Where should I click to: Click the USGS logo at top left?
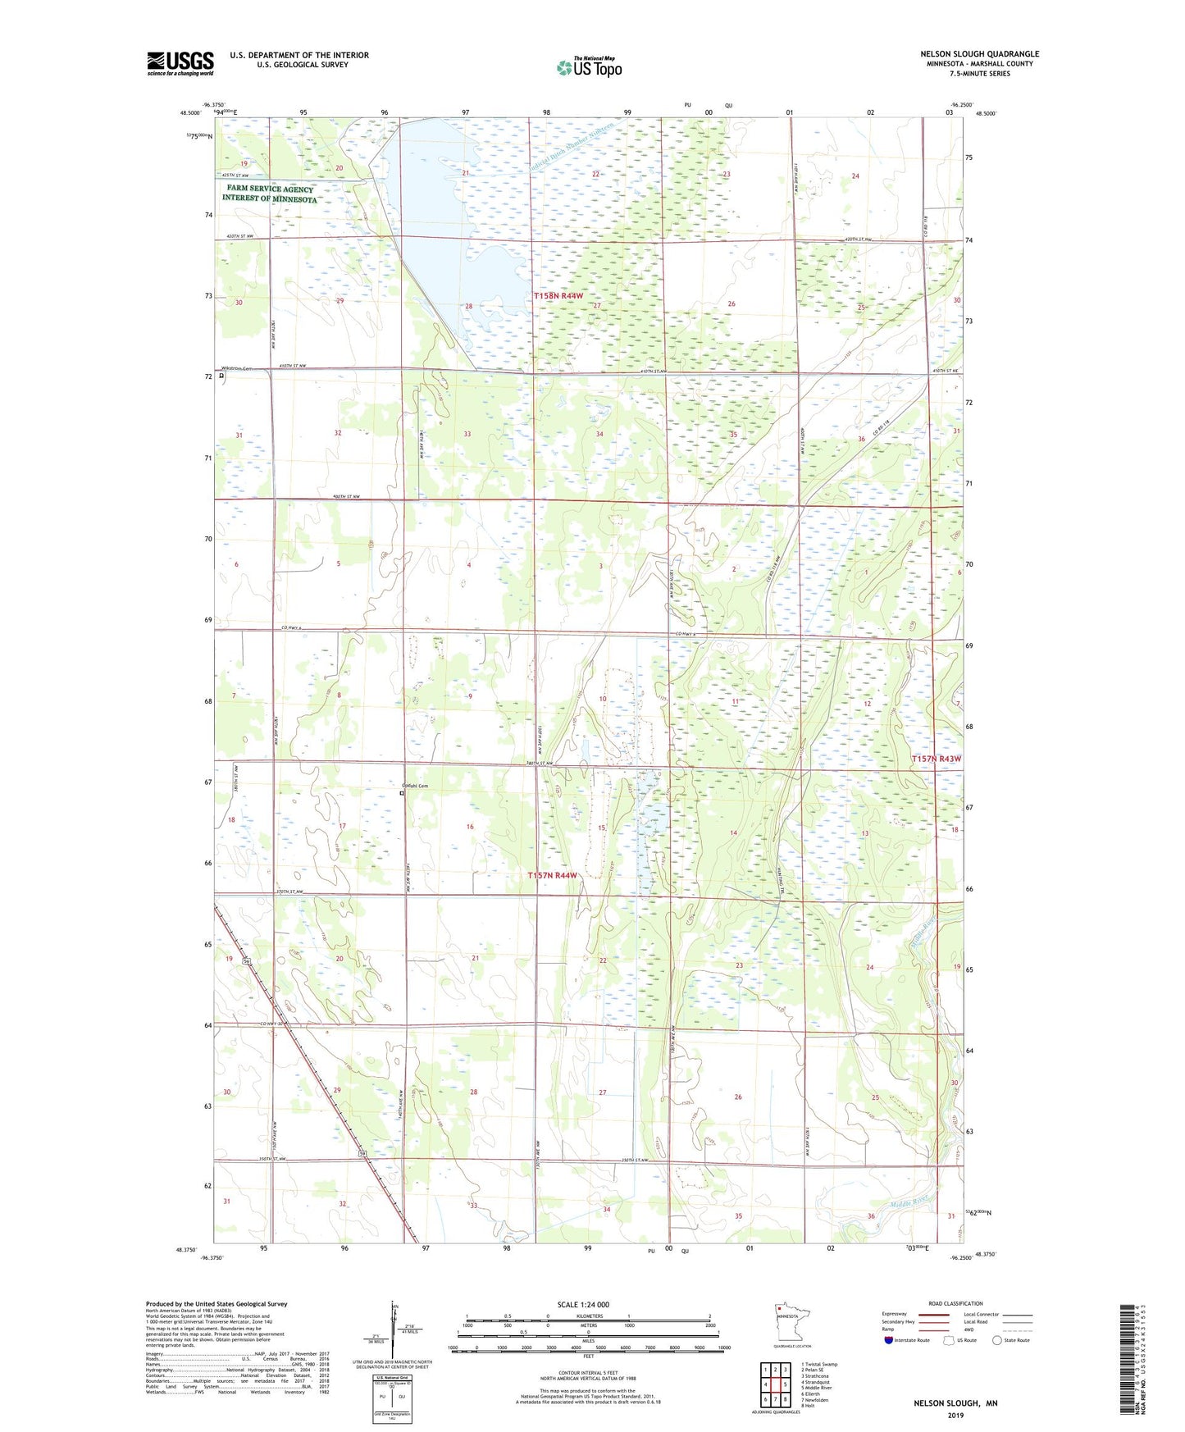pyautogui.click(x=180, y=63)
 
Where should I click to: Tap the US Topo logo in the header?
pyautogui.click(x=588, y=67)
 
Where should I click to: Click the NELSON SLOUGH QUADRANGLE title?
pyautogui.click(x=979, y=54)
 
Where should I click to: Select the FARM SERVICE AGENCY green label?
pyautogui.click(x=270, y=189)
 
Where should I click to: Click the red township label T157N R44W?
pyautogui.click(x=552, y=875)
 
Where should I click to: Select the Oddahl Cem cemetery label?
pyautogui.click(x=415, y=786)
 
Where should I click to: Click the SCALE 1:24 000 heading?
pyautogui.click(x=583, y=1304)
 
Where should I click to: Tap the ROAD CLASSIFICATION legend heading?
pyautogui.click(x=955, y=1303)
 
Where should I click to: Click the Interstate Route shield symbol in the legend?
pyautogui.click(x=889, y=1340)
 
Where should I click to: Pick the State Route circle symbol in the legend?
pyautogui.click(x=997, y=1340)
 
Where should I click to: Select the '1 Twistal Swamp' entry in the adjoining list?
pyautogui.click(x=819, y=1365)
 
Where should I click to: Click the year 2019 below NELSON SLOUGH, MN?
pyautogui.click(x=955, y=1415)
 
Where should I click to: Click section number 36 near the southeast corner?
pyautogui.click(x=871, y=1216)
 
